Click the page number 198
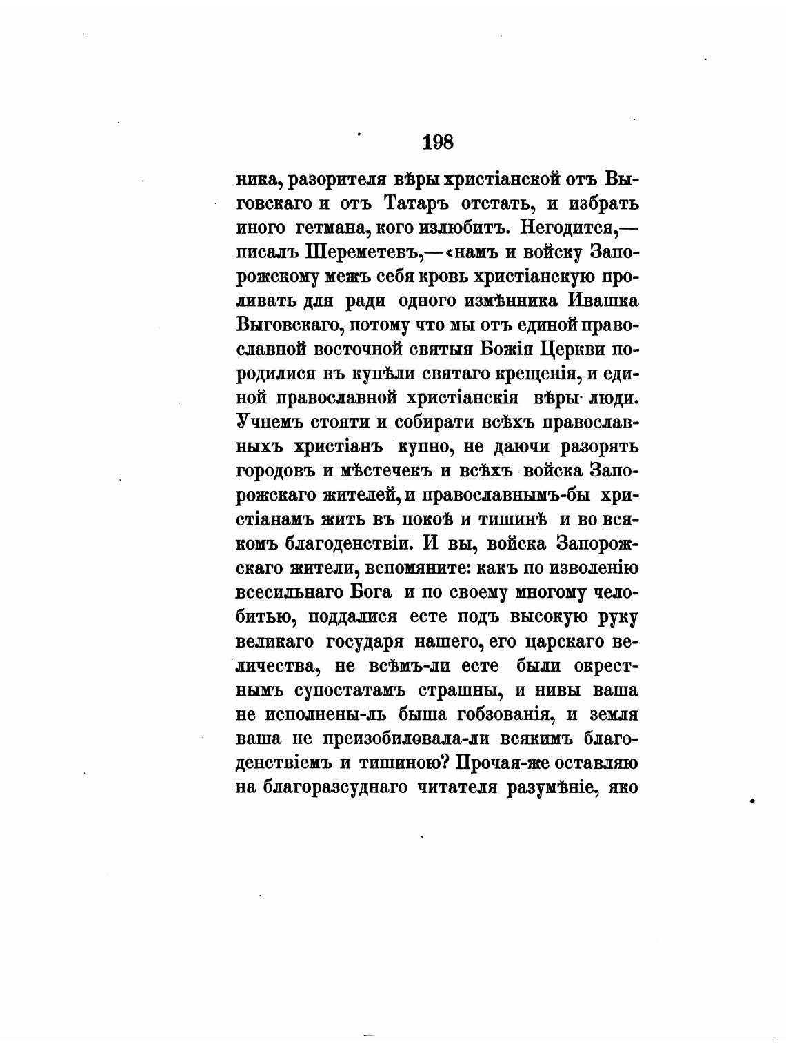(x=437, y=143)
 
